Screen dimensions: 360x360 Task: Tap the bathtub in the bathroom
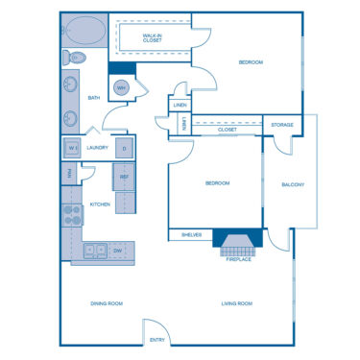click(84, 32)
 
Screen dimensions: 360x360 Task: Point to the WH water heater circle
click(122, 88)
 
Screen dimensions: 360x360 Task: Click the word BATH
click(94, 98)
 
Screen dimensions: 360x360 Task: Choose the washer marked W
click(72, 148)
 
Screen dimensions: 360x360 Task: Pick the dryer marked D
click(123, 148)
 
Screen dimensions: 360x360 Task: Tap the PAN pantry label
click(69, 174)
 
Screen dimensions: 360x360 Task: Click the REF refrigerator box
click(124, 177)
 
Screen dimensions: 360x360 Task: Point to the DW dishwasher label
click(117, 251)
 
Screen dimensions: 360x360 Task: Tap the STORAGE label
click(281, 125)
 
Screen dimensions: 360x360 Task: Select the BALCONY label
click(293, 184)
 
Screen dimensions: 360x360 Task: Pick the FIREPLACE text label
click(239, 259)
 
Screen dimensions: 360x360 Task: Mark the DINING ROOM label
click(107, 303)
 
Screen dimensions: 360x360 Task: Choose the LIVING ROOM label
click(236, 303)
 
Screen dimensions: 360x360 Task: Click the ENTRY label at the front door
click(156, 340)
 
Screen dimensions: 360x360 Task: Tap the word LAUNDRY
click(97, 148)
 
